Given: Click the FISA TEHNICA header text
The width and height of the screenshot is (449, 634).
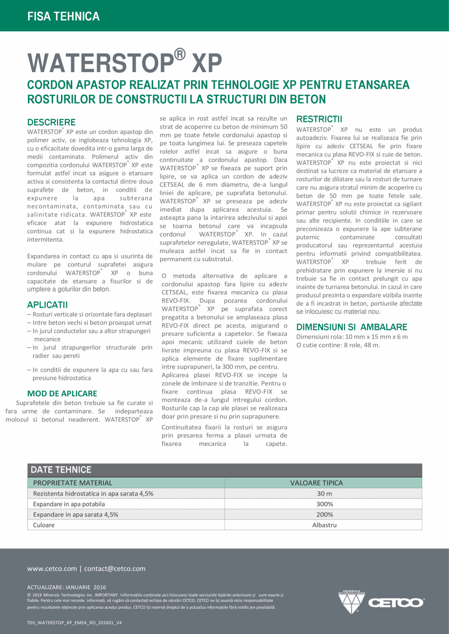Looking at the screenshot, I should tap(63, 17).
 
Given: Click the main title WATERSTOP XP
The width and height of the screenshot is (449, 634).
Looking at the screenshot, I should tap(124, 62).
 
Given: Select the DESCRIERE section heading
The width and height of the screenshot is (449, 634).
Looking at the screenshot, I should tap(51, 122).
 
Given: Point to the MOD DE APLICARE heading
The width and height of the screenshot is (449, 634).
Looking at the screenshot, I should tap(62, 393).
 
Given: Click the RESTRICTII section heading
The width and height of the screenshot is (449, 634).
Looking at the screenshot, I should tap(319, 119).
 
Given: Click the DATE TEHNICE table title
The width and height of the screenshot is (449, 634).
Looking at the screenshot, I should tap(61, 470).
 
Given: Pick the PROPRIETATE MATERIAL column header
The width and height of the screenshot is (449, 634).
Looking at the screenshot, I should tap(73, 483).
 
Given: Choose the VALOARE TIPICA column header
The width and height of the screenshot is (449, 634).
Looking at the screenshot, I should tap(316, 483).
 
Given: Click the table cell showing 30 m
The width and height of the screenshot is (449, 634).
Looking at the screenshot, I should tap(324, 494).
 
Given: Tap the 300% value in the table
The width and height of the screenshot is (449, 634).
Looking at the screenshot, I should tap(324, 504).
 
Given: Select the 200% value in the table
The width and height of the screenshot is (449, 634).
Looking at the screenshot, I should tap(324, 515).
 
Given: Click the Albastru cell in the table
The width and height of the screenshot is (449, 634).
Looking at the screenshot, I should tap(324, 525).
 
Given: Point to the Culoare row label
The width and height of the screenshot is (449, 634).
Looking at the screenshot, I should tap(44, 525).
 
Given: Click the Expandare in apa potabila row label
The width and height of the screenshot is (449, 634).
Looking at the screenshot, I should tap(69, 504).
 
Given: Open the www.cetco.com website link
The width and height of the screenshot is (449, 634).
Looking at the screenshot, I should tap(52, 569).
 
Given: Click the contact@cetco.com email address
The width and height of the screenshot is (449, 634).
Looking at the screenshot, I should tap(115, 569).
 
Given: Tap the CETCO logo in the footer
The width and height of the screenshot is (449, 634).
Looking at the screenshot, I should tap(381, 602).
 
